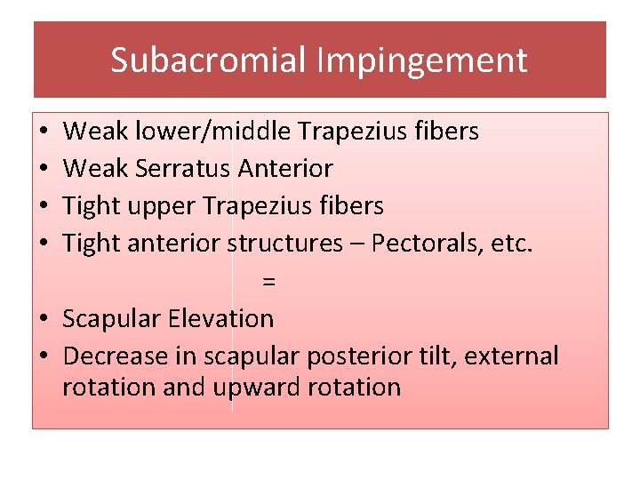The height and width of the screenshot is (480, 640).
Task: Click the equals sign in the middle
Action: [269, 282]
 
